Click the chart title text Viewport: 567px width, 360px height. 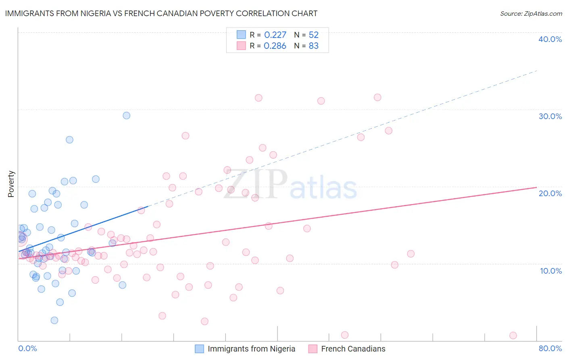[161, 13]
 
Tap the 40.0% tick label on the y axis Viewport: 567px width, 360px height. [550, 39]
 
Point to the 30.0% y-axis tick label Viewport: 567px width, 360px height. [550, 116]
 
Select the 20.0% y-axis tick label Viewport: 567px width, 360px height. [550, 193]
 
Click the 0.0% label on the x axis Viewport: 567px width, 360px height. [27, 348]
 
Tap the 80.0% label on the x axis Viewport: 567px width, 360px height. [550, 348]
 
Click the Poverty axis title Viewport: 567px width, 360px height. [11, 184]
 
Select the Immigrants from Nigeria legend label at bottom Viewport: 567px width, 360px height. [251, 349]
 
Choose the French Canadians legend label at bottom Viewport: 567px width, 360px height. [353, 349]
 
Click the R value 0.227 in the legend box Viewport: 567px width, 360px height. [275, 35]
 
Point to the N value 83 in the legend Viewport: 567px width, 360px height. [313, 46]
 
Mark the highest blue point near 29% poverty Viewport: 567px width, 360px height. [126, 115]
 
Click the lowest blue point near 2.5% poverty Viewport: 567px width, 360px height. [54, 320]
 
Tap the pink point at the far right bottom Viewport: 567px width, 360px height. [513, 335]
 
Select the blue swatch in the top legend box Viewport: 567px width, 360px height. [241, 35]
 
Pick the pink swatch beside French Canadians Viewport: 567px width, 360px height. [313, 349]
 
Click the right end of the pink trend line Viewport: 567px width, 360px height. [536, 187]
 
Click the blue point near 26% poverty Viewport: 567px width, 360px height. [69, 140]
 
